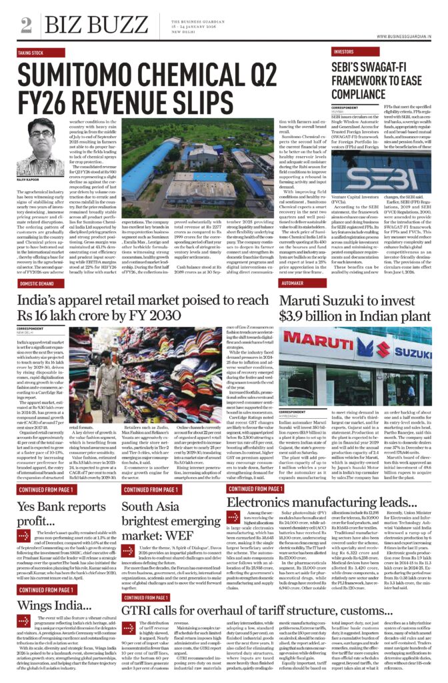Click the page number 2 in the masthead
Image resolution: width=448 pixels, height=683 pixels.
(26, 25)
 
